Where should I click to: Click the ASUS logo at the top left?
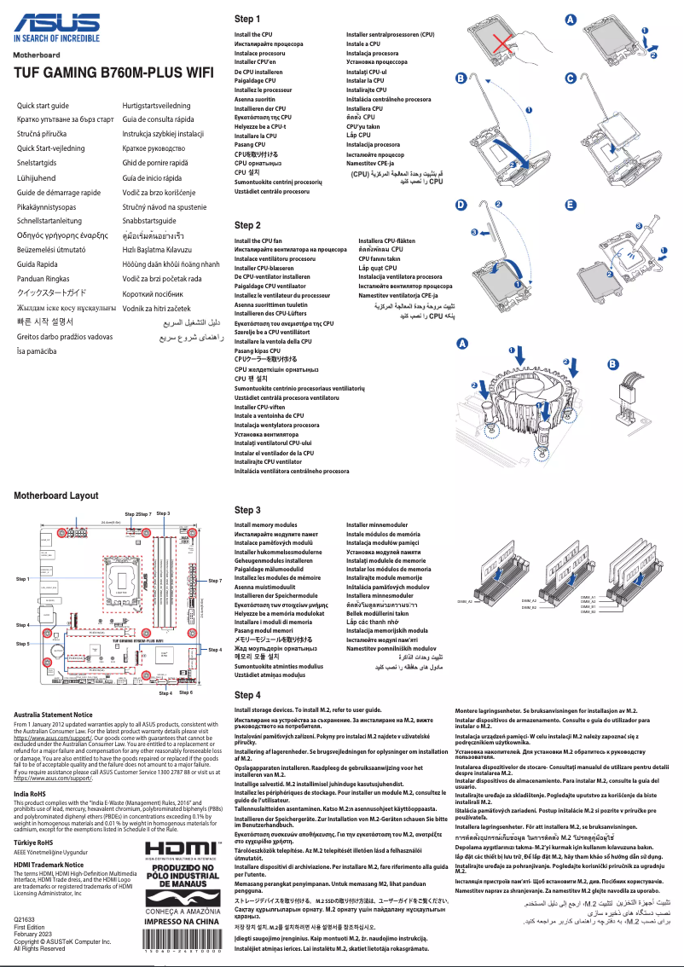56,22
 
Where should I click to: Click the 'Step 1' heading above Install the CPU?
246,19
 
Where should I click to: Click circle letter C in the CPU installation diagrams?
571,78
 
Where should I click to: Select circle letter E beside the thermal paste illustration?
571,205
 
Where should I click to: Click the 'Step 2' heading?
246,225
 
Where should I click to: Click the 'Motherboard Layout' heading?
56,495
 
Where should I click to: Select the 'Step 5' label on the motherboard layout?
23,644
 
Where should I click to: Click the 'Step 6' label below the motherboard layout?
186,692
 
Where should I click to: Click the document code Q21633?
26,918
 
